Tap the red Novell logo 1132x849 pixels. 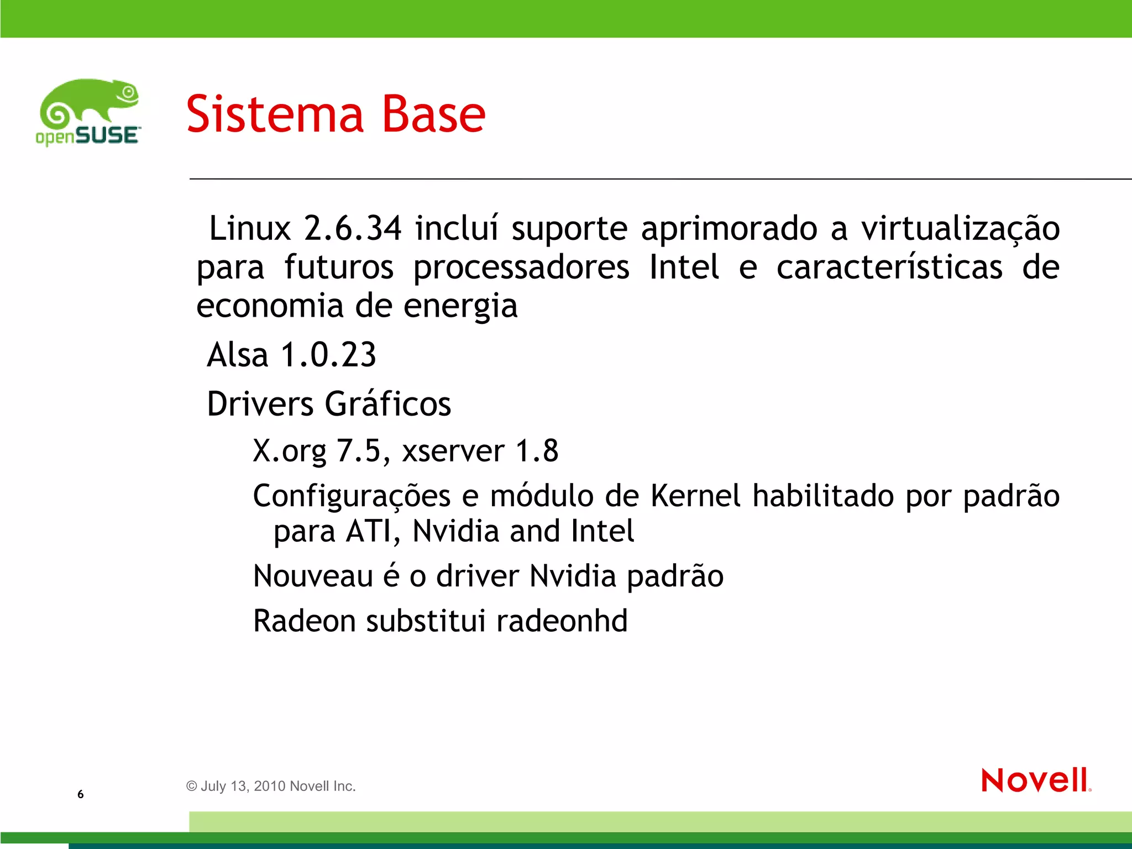(1036, 780)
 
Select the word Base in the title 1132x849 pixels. (434, 114)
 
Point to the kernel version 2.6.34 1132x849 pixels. (353, 228)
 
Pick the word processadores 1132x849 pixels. (521, 268)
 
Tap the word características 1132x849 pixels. (889, 268)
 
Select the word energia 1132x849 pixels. (460, 307)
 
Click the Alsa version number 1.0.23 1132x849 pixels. (328, 355)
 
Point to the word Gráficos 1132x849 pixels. (388, 404)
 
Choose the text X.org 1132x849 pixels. (290, 452)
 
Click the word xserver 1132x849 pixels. (453, 452)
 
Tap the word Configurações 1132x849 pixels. (352, 496)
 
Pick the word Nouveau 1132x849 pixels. (313, 577)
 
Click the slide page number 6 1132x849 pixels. (81, 794)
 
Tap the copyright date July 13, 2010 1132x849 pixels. (243, 787)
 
